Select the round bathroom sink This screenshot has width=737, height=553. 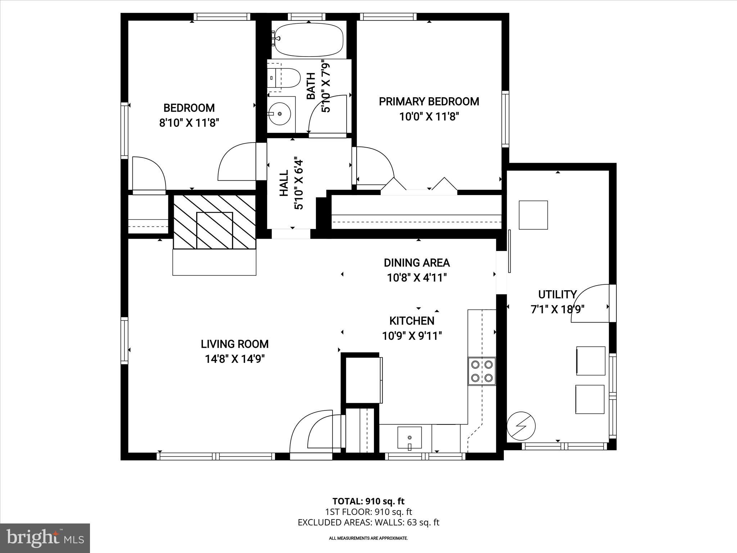click(x=280, y=114)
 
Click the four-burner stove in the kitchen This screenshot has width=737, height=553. click(x=482, y=371)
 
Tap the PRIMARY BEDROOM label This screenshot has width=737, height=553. click(x=429, y=102)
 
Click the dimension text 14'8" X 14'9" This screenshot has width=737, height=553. click(x=235, y=359)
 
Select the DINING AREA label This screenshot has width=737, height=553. click(x=417, y=263)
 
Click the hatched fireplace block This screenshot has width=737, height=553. click(x=214, y=222)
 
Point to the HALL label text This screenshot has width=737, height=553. click(x=284, y=183)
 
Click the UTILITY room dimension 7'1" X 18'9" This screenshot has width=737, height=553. click(x=557, y=309)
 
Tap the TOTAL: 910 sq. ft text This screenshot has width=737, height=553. click(x=368, y=501)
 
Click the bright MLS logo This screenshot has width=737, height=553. click(x=45, y=538)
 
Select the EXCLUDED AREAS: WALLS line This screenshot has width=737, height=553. click(x=368, y=522)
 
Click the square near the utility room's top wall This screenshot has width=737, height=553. click(x=533, y=215)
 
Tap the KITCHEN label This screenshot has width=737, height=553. click(x=412, y=320)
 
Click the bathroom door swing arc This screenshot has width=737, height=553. click(x=326, y=112)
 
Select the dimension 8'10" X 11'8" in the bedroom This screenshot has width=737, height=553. click(x=189, y=123)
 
